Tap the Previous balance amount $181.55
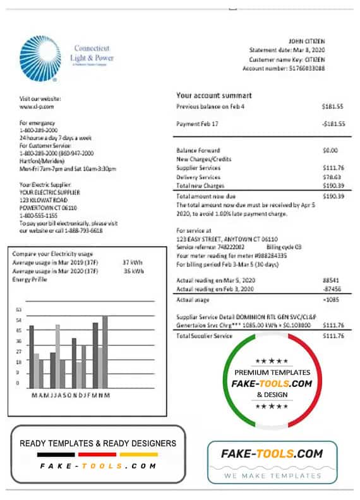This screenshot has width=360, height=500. (x=333, y=107)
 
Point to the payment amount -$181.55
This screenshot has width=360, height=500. (x=332, y=124)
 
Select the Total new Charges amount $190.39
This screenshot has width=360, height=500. (x=332, y=186)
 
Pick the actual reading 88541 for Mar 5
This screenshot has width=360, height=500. (x=333, y=279)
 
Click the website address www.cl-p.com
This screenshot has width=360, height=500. (x=33, y=107)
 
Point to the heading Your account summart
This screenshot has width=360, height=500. (x=213, y=95)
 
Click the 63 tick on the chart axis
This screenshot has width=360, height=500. (x=19, y=309)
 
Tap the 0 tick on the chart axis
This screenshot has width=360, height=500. (x=19, y=383)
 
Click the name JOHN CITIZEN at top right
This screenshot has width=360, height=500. (x=324, y=41)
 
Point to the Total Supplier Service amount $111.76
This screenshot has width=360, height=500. (x=332, y=336)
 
